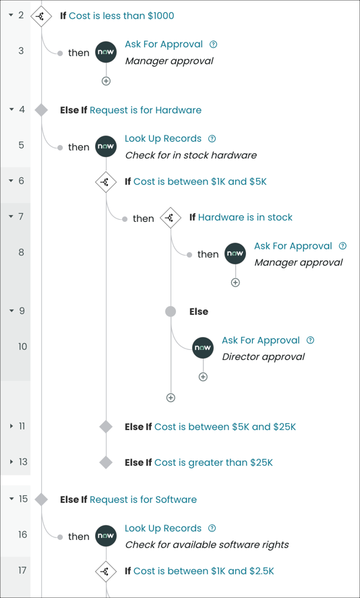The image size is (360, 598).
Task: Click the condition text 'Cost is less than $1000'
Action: click(121, 16)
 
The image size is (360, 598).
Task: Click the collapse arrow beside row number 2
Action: click(11, 15)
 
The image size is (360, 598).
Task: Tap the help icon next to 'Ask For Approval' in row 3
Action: click(214, 44)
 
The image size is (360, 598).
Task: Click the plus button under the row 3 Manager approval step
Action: click(106, 81)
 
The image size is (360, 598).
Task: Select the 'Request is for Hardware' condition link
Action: click(145, 110)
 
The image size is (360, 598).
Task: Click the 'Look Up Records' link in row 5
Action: click(163, 138)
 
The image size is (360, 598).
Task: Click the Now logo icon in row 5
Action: click(106, 146)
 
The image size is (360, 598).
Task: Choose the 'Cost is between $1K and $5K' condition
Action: click(200, 181)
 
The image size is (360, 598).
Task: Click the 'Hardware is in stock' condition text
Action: click(245, 217)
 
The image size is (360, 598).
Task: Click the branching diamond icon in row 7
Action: click(171, 218)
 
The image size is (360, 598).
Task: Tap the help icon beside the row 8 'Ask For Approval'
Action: click(342, 246)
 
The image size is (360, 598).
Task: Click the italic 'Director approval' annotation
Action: click(263, 357)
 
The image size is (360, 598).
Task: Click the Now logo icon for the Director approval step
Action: click(203, 348)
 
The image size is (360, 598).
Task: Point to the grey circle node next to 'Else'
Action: click(171, 311)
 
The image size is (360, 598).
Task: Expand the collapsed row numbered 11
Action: click(11, 426)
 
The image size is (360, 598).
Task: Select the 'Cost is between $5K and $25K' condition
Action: click(225, 427)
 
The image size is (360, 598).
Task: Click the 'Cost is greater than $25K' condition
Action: click(214, 462)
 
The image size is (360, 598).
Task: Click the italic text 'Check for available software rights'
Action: click(207, 545)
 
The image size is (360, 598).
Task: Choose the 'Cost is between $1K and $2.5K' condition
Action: click(204, 571)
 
